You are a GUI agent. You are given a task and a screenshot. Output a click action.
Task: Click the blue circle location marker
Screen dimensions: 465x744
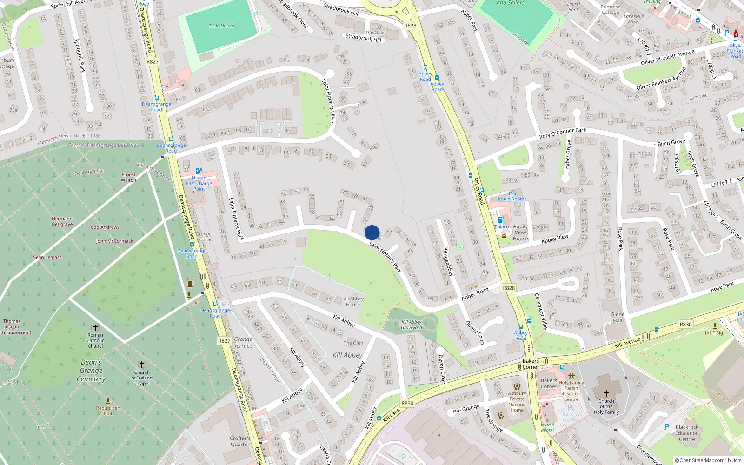click(372, 232)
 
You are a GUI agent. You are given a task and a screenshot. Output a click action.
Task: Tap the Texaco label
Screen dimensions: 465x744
click(501, 227)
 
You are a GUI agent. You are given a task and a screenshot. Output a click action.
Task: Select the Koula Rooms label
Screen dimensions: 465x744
click(512, 199)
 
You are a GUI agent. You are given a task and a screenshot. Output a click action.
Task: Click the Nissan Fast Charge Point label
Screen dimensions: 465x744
click(199, 183)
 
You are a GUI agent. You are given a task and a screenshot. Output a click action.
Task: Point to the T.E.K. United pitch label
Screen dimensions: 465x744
click(221, 26)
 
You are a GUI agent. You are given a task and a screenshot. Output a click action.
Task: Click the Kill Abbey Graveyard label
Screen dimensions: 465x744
click(412, 325)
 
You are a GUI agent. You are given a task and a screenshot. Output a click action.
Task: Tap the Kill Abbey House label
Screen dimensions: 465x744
click(353, 302)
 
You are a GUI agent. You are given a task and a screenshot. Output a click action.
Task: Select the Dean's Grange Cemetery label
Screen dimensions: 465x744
click(91, 371)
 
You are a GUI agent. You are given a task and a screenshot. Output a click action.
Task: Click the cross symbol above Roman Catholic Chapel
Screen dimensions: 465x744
click(95, 328)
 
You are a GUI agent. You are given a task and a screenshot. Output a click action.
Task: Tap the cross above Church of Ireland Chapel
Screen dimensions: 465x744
click(142, 365)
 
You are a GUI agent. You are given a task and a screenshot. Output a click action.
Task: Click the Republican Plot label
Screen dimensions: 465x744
click(108, 411)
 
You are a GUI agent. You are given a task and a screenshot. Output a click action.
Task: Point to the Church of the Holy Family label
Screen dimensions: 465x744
click(606, 406)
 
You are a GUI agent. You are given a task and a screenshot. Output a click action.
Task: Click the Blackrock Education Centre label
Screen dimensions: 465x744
click(687, 433)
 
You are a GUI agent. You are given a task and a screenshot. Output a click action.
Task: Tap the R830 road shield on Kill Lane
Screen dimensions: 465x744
click(407, 403)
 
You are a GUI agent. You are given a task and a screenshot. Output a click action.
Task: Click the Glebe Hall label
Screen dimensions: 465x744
click(618, 317)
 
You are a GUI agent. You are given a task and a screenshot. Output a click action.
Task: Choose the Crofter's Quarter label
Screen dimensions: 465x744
click(240, 441)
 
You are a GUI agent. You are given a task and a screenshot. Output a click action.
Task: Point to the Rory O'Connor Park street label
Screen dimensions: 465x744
click(563, 133)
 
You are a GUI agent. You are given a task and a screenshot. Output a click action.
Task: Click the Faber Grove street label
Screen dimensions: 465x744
click(567, 154)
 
